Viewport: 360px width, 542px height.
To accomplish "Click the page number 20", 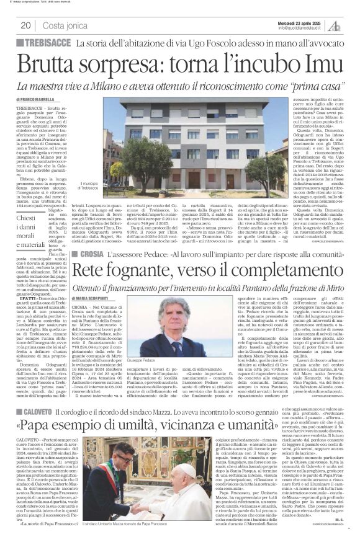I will [26, 25].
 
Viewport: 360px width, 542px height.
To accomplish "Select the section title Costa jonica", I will [65, 25].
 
